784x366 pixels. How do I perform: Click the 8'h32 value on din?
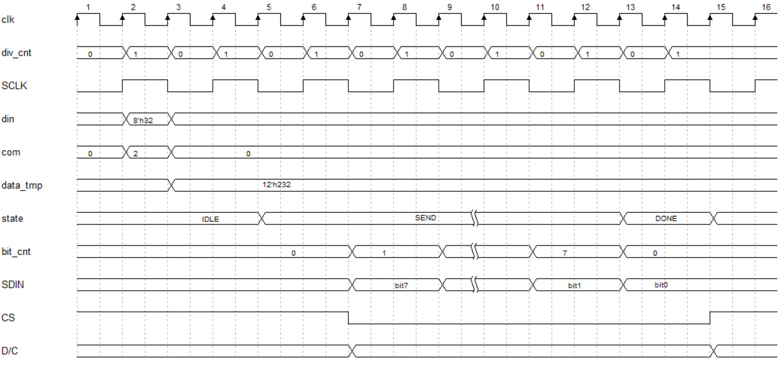pyautogui.click(x=139, y=121)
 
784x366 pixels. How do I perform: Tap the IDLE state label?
pyautogui.click(x=210, y=219)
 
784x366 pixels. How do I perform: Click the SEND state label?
pyautogui.click(x=425, y=218)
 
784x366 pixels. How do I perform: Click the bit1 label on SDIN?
pyautogui.click(x=572, y=285)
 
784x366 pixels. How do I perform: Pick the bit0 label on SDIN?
pyautogui.click(x=662, y=284)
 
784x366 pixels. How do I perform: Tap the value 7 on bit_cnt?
pyautogui.click(x=564, y=253)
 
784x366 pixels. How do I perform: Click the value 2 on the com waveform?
pyautogui.click(x=136, y=153)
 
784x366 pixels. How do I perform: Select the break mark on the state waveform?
pyautogui.click(x=475, y=218)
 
